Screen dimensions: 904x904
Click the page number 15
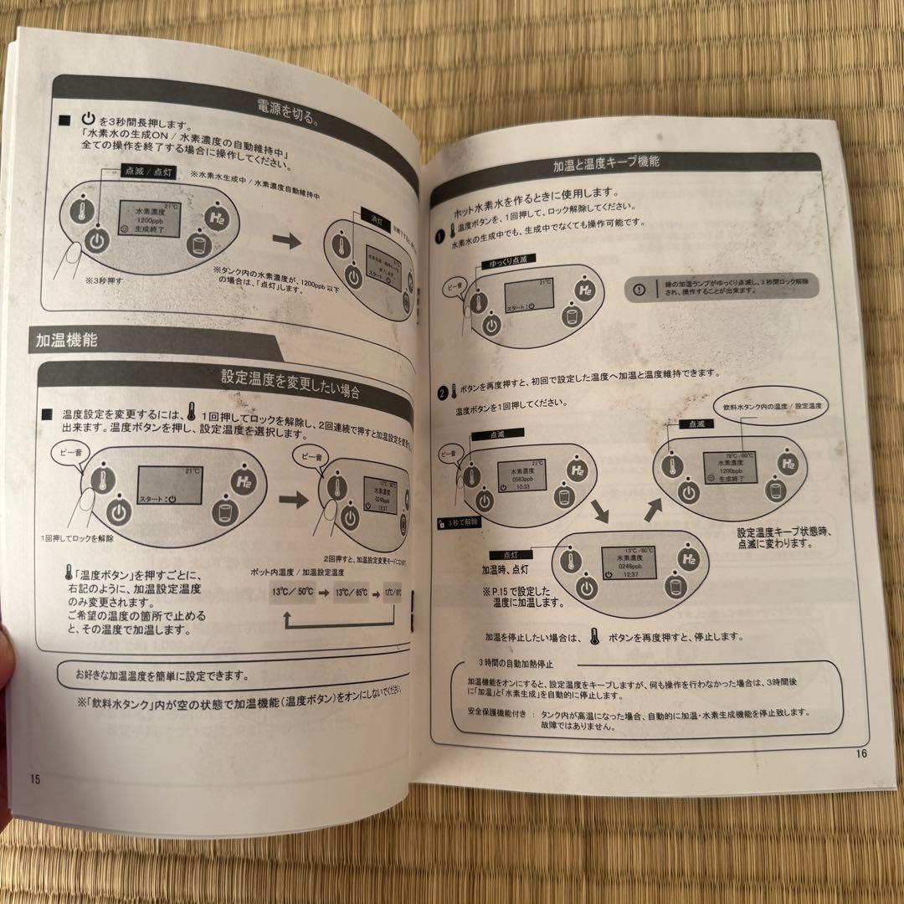[35, 778]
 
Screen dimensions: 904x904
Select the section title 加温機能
[67, 341]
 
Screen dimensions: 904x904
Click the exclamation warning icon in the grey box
[639, 290]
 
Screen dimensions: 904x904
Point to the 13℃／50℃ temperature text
[292, 591]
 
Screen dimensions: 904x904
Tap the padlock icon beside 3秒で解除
[441, 521]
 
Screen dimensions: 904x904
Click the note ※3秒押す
[104, 281]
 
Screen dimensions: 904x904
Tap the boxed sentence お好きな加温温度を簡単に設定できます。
[162, 675]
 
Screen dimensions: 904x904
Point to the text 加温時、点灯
[506, 568]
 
